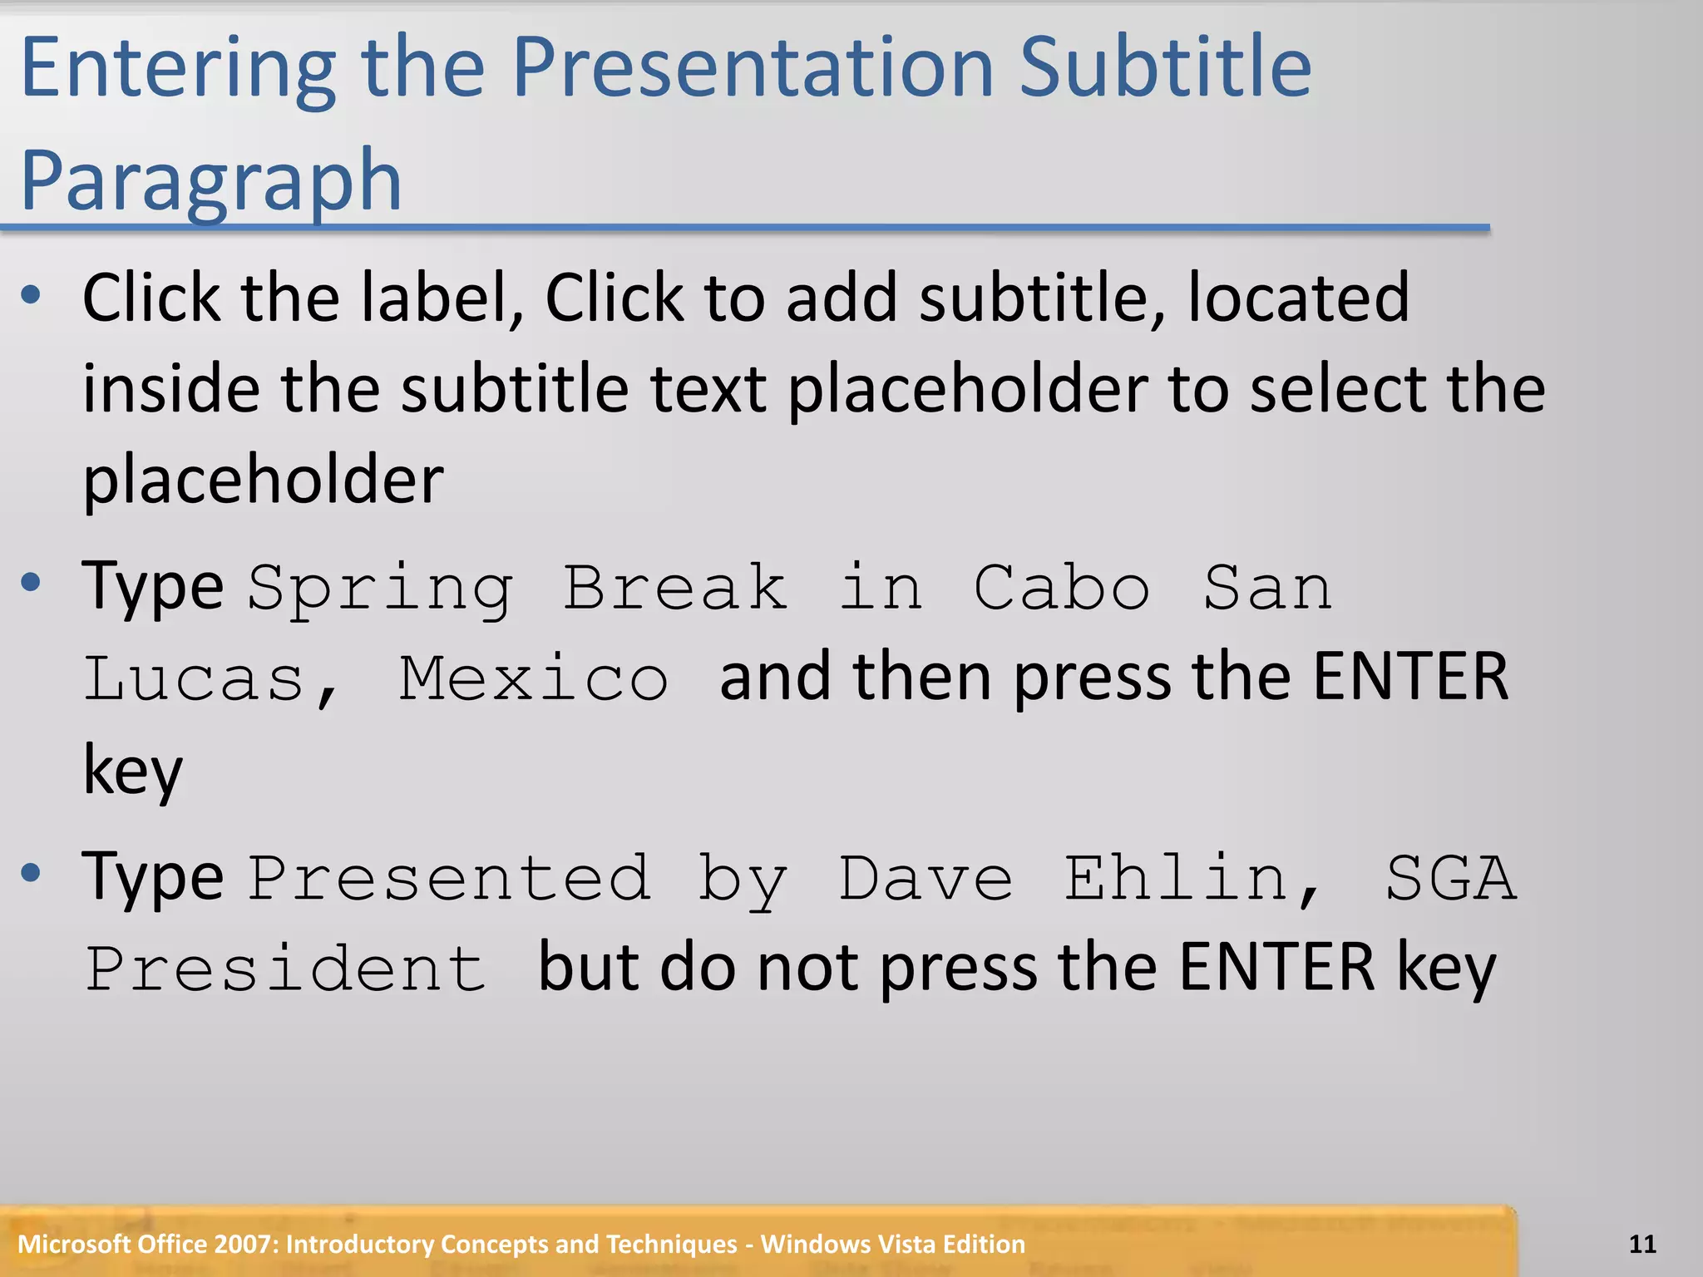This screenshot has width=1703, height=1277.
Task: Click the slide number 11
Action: [x=1642, y=1244]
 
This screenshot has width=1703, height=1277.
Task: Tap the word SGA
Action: [x=1451, y=878]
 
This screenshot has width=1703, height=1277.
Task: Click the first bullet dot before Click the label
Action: [x=32, y=294]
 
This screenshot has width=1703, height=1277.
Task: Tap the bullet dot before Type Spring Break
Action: [x=32, y=583]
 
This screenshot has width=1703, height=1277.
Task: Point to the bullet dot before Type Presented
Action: [x=32, y=873]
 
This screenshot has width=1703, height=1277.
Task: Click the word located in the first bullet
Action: [x=1298, y=298]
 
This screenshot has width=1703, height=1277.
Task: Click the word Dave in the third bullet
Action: [x=926, y=878]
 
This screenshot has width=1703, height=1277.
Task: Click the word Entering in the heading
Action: [x=177, y=68]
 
